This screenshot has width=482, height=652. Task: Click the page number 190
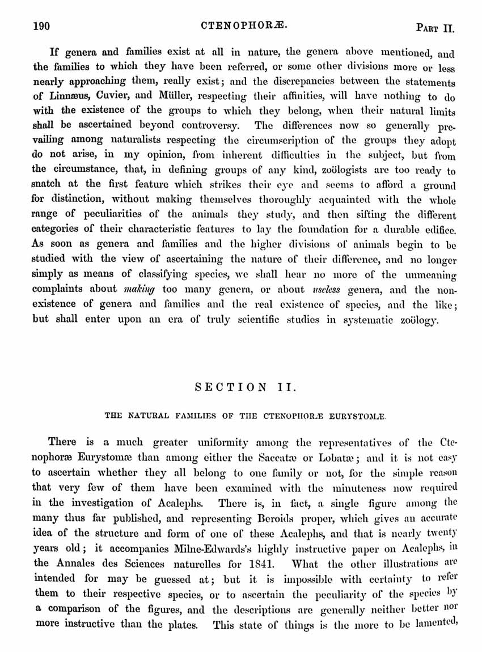click(43, 26)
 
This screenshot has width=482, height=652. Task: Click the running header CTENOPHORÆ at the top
click(244, 26)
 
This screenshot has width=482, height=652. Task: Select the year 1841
click(261, 564)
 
